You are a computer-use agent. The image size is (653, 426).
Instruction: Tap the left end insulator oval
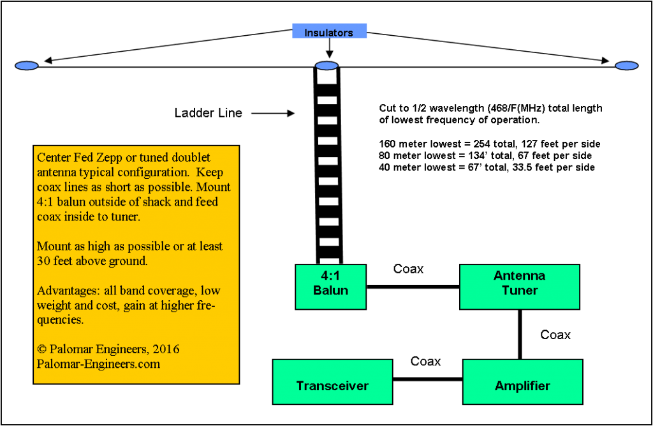pos(26,66)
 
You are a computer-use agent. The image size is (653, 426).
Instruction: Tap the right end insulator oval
pos(626,66)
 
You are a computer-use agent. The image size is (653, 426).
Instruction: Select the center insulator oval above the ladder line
pos(327,66)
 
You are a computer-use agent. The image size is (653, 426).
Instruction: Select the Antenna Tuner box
pos(519,286)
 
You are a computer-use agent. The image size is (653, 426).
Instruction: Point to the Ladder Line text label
pos(209,113)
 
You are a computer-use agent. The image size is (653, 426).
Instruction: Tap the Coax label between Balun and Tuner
pos(409,269)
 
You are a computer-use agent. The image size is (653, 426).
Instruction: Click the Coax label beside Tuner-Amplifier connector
pos(555,335)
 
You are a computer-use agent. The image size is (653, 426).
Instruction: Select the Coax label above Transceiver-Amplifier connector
pos(426,361)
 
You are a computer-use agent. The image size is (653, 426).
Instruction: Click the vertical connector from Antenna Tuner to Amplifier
pos(520,334)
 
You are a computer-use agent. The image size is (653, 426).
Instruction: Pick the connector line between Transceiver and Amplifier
pos(427,379)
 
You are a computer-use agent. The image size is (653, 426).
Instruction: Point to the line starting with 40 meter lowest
pos(487,167)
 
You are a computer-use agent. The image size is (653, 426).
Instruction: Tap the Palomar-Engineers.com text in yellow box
pos(99,363)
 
